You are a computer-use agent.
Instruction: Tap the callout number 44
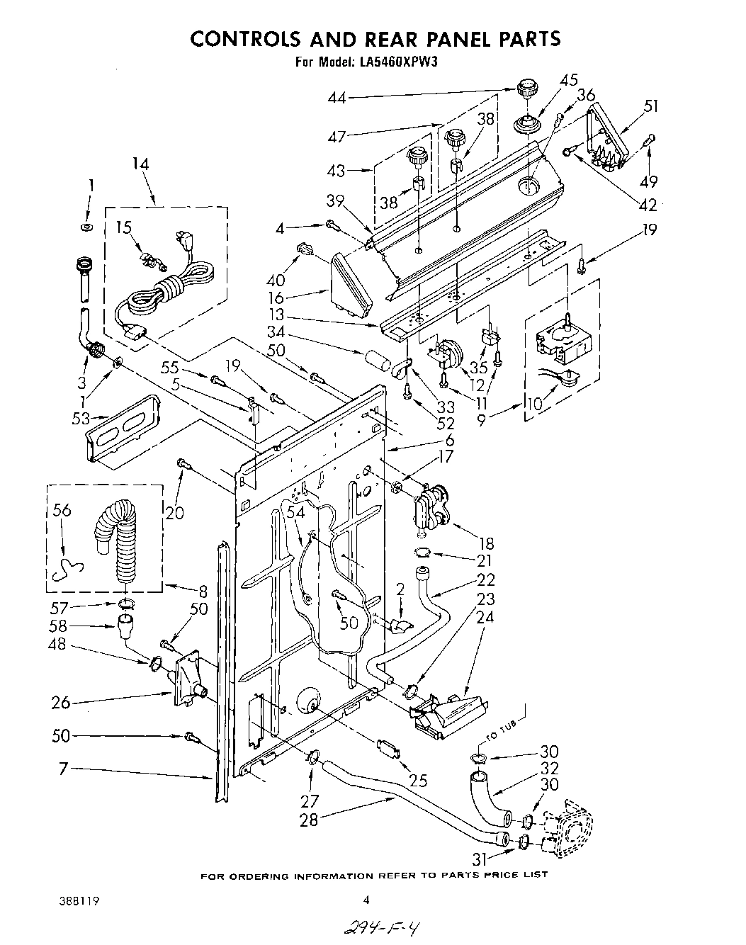(337, 98)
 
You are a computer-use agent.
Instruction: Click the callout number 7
(64, 769)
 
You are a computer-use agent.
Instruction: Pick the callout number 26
(61, 703)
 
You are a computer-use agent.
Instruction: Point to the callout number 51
(650, 106)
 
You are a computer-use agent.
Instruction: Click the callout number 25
(418, 781)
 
